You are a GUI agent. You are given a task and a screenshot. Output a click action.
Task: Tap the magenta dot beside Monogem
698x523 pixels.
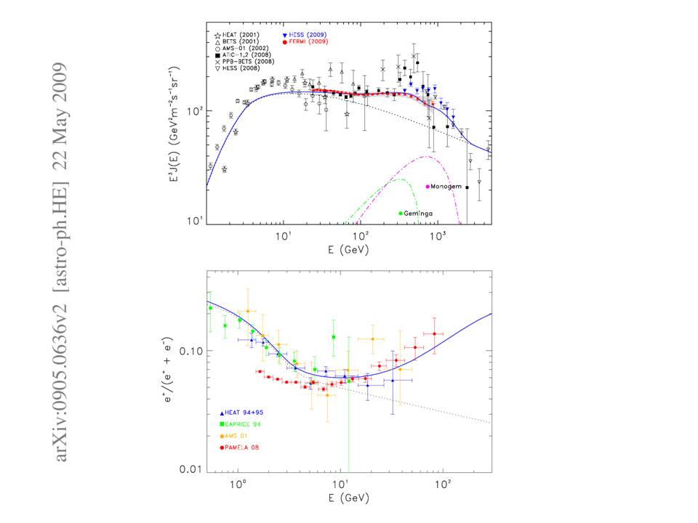pos(428,187)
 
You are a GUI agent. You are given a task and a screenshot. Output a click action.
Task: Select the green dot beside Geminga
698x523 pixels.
pos(401,213)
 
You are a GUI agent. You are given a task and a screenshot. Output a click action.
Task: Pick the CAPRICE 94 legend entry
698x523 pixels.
pos(244,423)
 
